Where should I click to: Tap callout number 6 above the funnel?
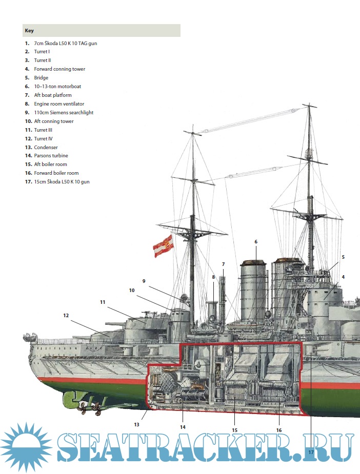tap(255, 241)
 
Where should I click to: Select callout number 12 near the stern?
tap(66, 316)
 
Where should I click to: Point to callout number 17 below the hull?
tap(311, 451)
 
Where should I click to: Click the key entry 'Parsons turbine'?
tap(51, 156)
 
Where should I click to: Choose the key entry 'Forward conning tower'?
tap(59, 69)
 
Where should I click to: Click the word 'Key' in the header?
tap(29, 31)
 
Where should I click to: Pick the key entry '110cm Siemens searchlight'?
tap(64, 113)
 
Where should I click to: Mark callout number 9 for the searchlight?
tap(144, 281)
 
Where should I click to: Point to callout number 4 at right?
tap(343, 277)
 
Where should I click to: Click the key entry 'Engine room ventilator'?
tap(59, 104)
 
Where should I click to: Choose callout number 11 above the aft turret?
tap(103, 302)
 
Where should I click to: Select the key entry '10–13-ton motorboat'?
tap(57, 87)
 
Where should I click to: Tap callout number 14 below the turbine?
tap(183, 427)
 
